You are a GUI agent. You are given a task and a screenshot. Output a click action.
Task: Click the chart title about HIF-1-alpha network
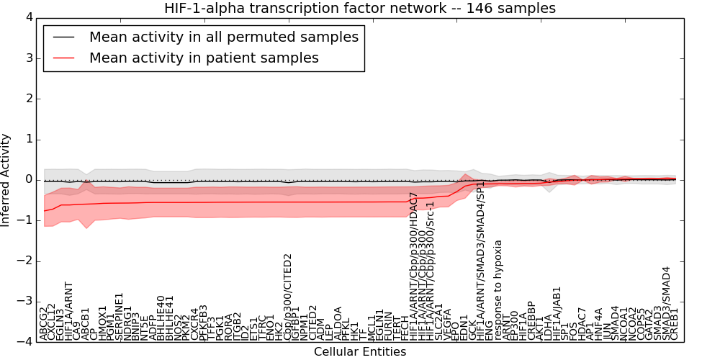pyautogui.click(x=359, y=8)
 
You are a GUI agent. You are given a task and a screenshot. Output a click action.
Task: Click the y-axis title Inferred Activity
pyautogui.click(x=6, y=180)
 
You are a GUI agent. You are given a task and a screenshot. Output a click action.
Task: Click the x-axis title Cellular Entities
pyautogui.click(x=359, y=352)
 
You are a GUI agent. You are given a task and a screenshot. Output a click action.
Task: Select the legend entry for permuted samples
pyautogui.click(x=223, y=37)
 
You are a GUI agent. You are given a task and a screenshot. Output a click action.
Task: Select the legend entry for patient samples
pyautogui.click(x=204, y=58)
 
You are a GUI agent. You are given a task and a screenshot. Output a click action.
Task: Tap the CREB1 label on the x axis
pyautogui.click(x=675, y=324)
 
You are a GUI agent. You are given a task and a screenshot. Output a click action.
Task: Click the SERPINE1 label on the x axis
pyautogui.click(x=120, y=316)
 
